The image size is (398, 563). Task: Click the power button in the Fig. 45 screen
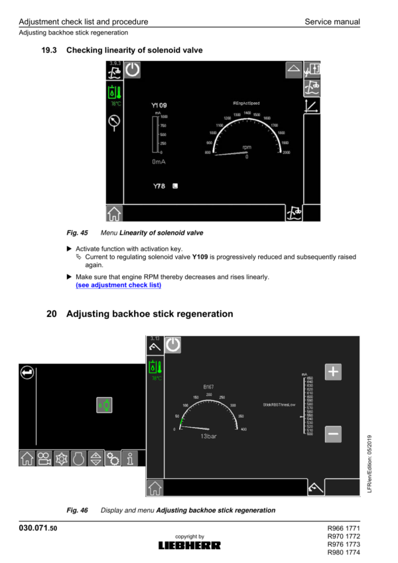tap(133, 70)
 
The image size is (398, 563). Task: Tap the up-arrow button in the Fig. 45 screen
tap(293, 70)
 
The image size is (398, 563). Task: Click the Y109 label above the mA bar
tap(159, 106)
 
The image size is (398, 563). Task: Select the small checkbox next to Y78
tap(175, 186)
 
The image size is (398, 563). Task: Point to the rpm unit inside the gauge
tap(247, 147)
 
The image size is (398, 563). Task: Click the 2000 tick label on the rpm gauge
tap(286, 153)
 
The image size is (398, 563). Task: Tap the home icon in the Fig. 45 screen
tap(114, 213)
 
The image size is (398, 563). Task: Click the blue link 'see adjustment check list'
tap(118, 285)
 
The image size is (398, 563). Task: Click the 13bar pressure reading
tap(210, 436)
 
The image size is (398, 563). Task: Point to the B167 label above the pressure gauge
tap(208, 386)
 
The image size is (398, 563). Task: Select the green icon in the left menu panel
tap(104, 405)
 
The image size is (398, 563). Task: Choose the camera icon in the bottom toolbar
tap(44, 458)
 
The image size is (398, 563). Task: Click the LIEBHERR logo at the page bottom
tap(189, 545)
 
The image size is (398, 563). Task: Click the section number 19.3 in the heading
tap(50, 50)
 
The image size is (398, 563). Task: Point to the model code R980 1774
tap(344, 552)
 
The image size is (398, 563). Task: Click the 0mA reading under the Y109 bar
tap(159, 161)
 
